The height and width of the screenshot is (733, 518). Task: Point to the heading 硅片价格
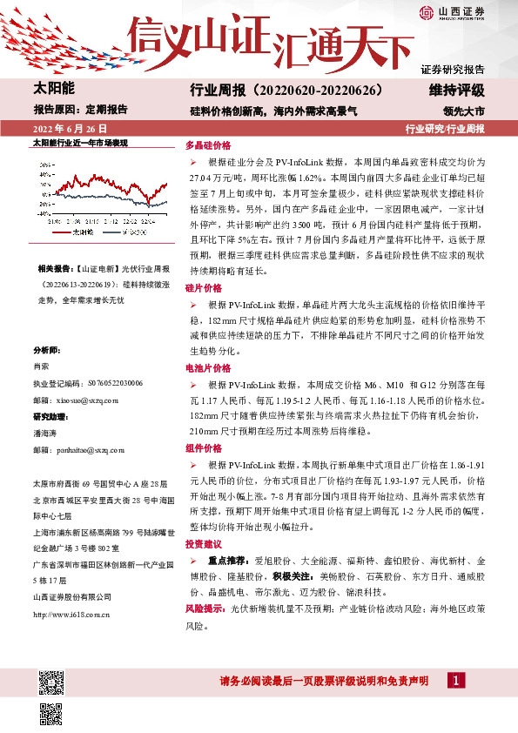click(204, 287)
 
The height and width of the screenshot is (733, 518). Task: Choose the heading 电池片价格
click(206, 369)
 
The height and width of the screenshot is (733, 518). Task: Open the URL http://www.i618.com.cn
click(71, 591)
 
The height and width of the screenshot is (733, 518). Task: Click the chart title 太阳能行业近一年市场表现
click(79, 141)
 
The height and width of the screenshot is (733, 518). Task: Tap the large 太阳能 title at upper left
click(54, 90)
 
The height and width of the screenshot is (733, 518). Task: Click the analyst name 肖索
click(40, 366)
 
